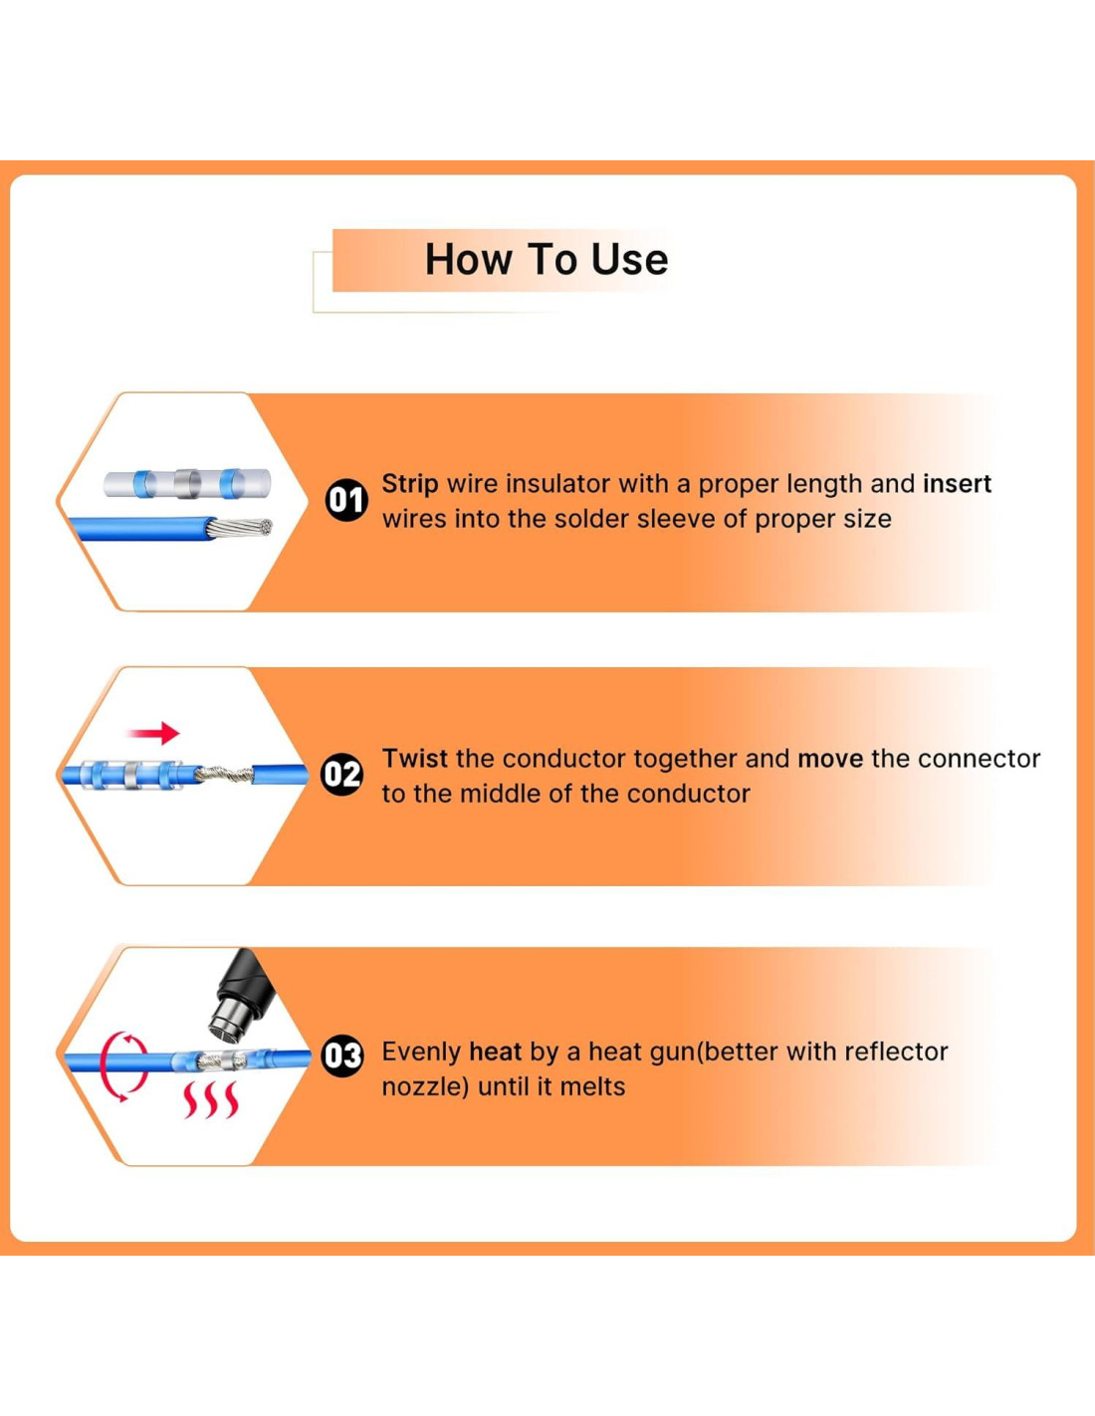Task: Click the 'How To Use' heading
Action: click(x=547, y=259)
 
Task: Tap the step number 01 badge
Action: click(x=346, y=501)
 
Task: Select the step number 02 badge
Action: click(x=342, y=775)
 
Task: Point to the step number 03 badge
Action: click(x=342, y=1055)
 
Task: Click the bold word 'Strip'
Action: click(x=410, y=484)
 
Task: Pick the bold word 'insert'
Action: click(x=957, y=484)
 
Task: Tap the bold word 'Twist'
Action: click(x=414, y=759)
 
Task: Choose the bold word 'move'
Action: click(x=830, y=759)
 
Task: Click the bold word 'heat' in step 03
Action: click(x=496, y=1052)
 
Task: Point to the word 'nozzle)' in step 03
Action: click(x=425, y=1087)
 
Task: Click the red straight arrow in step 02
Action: click(x=153, y=733)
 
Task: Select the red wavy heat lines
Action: click(x=210, y=1100)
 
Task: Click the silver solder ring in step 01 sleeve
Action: click(x=187, y=484)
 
